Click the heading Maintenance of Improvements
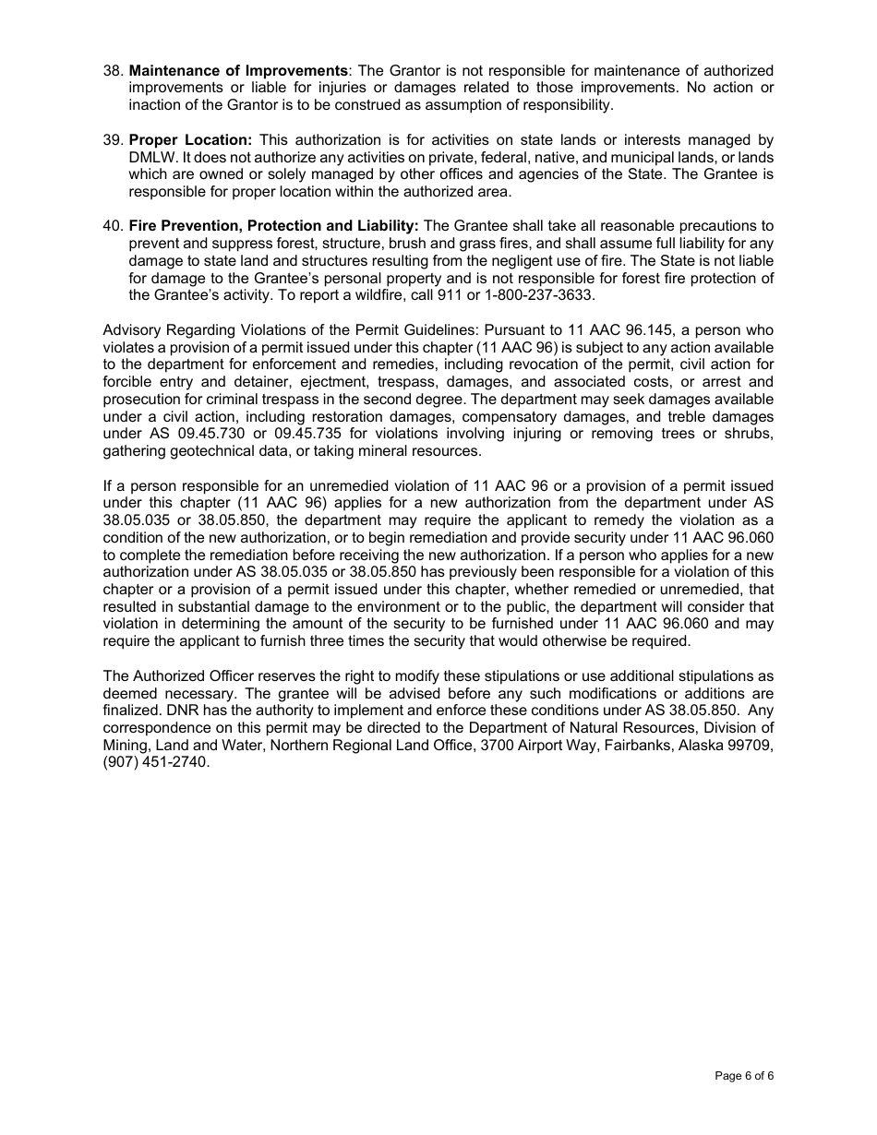coord(238,71)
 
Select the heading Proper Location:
coord(190,140)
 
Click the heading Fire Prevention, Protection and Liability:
coord(273,226)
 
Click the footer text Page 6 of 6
coord(744,1076)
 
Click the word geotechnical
coord(207,451)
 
